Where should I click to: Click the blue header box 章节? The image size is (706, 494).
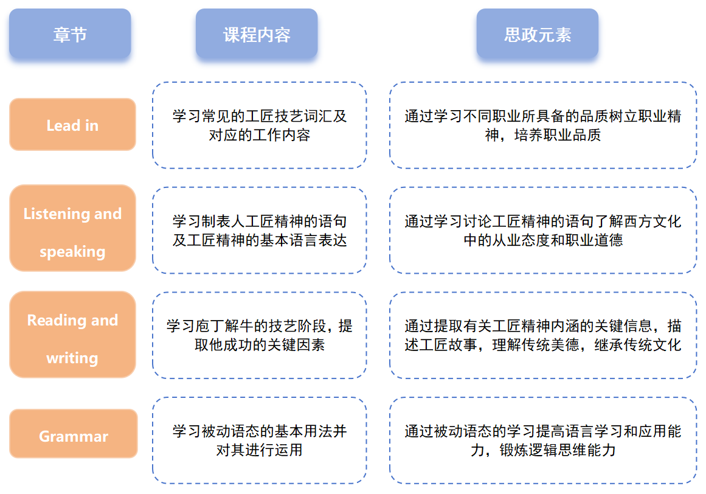click(70, 34)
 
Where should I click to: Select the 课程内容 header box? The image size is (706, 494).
click(257, 34)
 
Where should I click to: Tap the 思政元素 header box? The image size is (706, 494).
click(538, 34)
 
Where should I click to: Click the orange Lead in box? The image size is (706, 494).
click(72, 125)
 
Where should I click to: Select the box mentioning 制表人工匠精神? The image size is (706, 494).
click(260, 230)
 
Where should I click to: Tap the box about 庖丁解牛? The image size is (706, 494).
click(260, 335)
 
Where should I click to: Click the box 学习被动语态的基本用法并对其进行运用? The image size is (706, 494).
click(260, 440)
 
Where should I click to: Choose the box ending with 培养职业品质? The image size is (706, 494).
click(543, 125)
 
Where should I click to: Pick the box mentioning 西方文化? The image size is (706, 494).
click(543, 230)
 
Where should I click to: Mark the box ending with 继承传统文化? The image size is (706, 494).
click(543, 335)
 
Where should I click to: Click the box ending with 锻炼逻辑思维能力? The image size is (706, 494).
click(543, 440)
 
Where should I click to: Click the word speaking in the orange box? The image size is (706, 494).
click(72, 251)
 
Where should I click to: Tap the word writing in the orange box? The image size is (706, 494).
click(72, 358)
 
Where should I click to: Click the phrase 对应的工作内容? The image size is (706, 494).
click(260, 134)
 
